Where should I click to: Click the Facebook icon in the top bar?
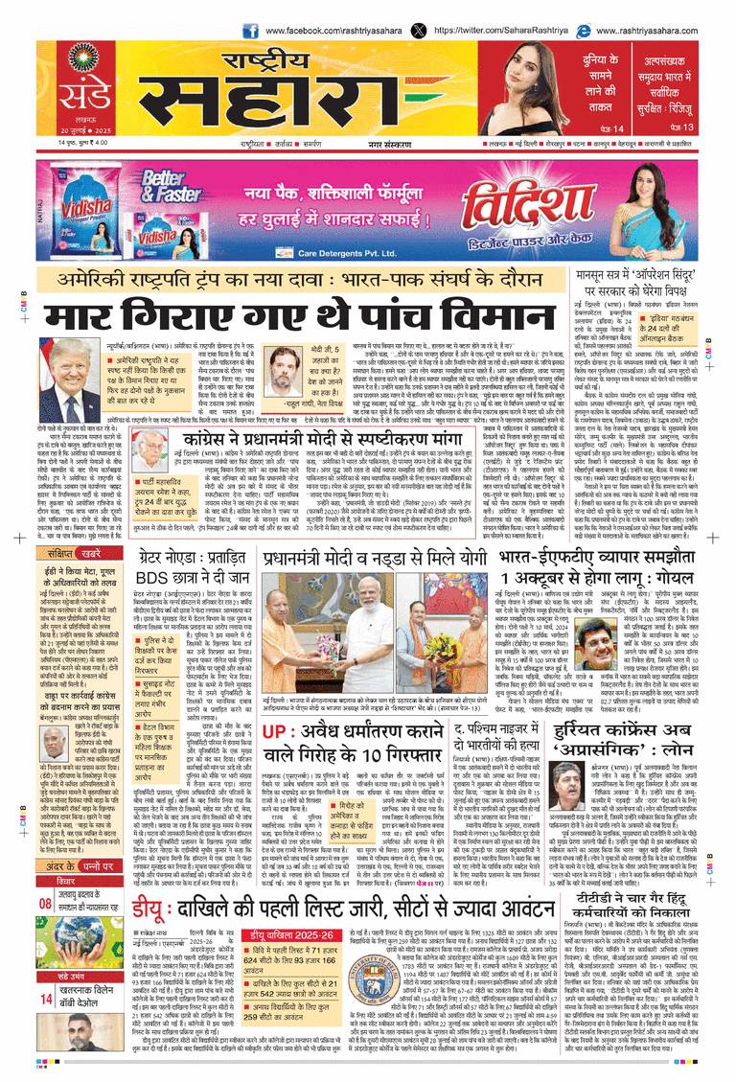(250, 30)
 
